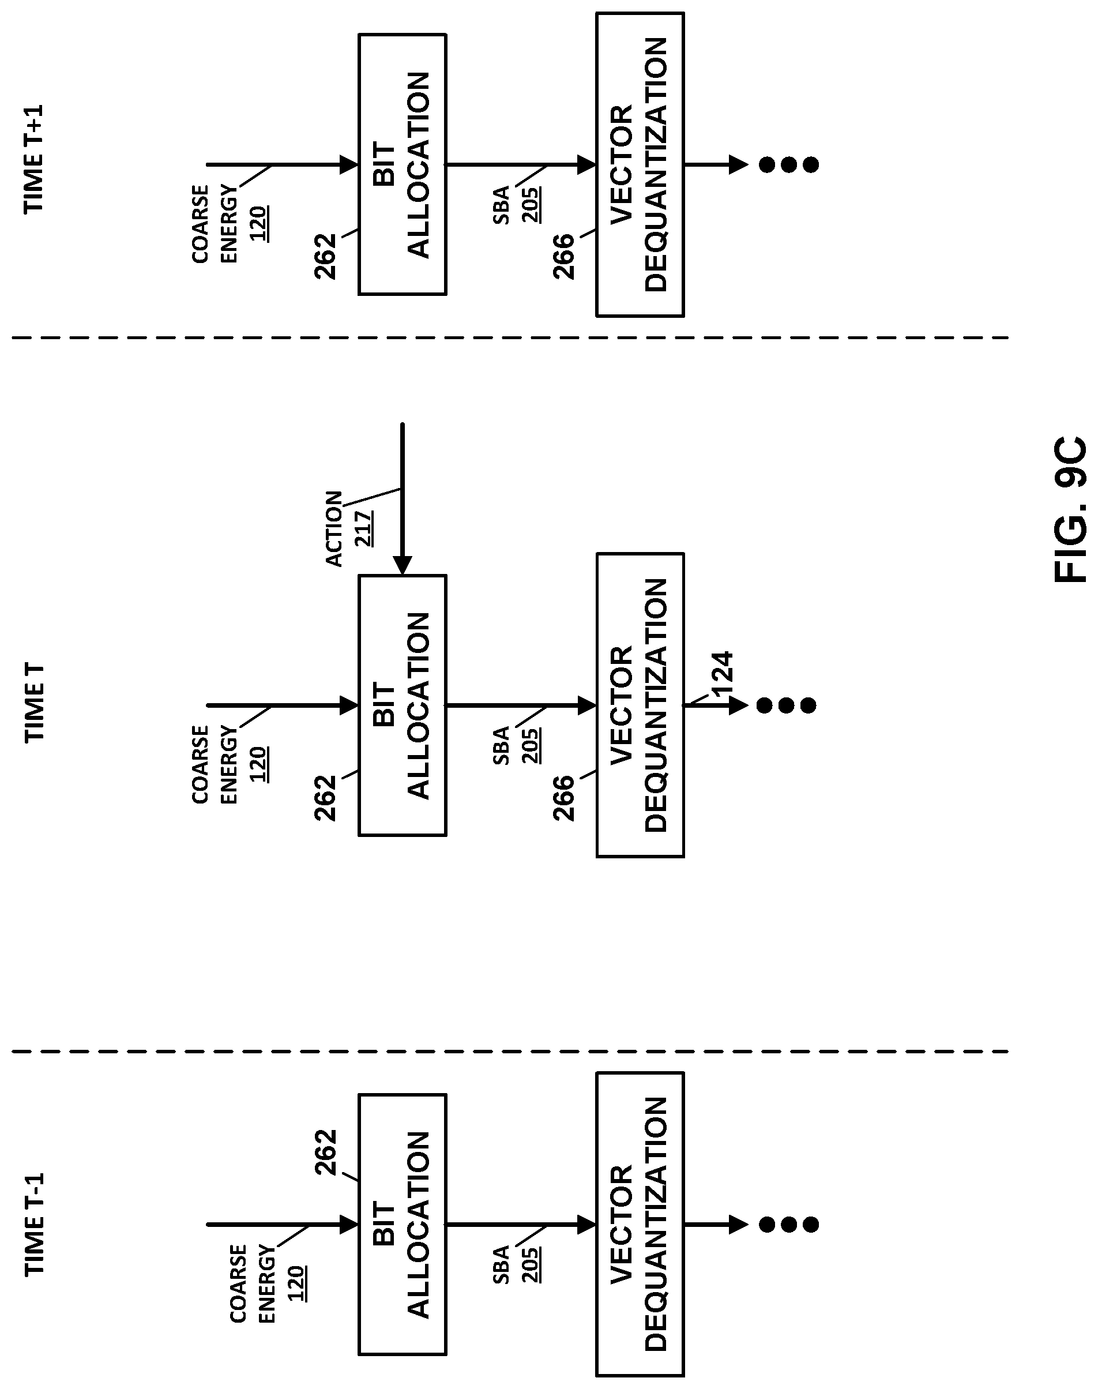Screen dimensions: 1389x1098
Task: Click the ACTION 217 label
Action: click(x=349, y=528)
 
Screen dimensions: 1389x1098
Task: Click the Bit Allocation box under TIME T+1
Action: click(x=402, y=164)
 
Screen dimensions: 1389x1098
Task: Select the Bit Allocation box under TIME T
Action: click(x=402, y=705)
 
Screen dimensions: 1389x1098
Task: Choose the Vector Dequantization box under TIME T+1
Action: click(x=640, y=164)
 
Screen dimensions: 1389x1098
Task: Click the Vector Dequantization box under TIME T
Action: click(x=640, y=705)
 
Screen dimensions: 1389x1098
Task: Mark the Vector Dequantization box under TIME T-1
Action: click(x=640, y=1226)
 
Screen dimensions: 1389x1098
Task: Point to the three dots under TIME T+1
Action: click(x=789, y=164)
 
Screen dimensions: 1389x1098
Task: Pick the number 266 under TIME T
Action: click(x=563, y=797)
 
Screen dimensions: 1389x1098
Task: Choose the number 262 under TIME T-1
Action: click(x=326, y=1152)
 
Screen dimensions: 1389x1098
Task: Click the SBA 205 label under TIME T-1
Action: click(x=516, y=1264)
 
